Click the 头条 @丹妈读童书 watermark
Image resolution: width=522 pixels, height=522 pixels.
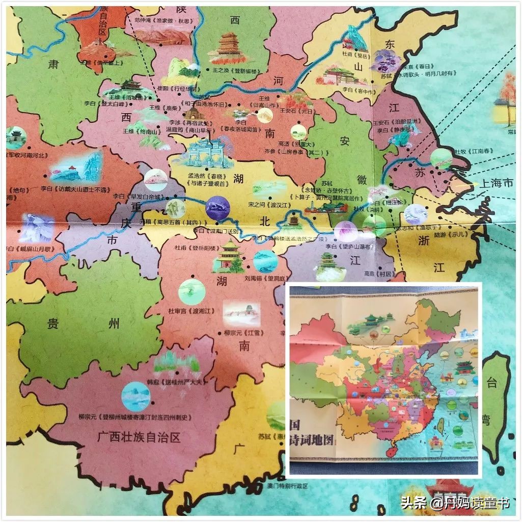click(455, 504)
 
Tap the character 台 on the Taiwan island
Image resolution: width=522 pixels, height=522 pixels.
click(491, 383)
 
